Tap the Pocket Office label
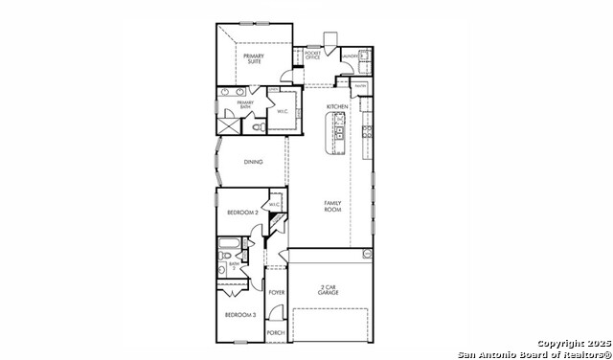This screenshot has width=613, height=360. tap(312, 56)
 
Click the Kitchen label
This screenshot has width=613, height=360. tap(336, 106)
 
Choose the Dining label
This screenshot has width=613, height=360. tap(253, 162)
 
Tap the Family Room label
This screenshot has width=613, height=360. tap(332, 206)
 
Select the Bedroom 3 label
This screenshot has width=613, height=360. tap(239, 314)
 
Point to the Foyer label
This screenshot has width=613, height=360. tap(277, 292)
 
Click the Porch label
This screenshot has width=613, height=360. tap(276, 332)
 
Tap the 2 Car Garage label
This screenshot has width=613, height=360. tap(329, 290)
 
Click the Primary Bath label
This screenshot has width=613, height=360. tap(245, 103)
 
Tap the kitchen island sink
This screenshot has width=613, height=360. tap(337, 122)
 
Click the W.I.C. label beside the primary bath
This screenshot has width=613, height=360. tap(284, 112)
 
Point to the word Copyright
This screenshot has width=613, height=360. tap(559, 343)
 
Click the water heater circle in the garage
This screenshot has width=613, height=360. tap(366, 253)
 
